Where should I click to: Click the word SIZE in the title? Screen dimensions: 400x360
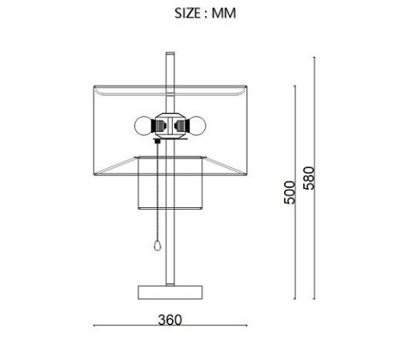tap(187, 13)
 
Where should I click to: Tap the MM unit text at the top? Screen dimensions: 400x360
tap(224, 13)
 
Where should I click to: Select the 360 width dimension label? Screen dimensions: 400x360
tap(170, 320)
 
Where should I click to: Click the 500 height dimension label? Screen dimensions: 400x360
tap(290, 193)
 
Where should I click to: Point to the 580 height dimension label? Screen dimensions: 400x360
tap(310, 178)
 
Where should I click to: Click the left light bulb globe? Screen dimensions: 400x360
tap(143, 126)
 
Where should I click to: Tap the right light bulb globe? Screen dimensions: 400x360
tap(197, 126)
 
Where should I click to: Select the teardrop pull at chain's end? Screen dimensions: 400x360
tap(158, 246)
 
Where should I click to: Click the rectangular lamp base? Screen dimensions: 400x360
tap(170, 293)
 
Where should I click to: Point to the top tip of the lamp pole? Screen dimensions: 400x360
tap(170, 53)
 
